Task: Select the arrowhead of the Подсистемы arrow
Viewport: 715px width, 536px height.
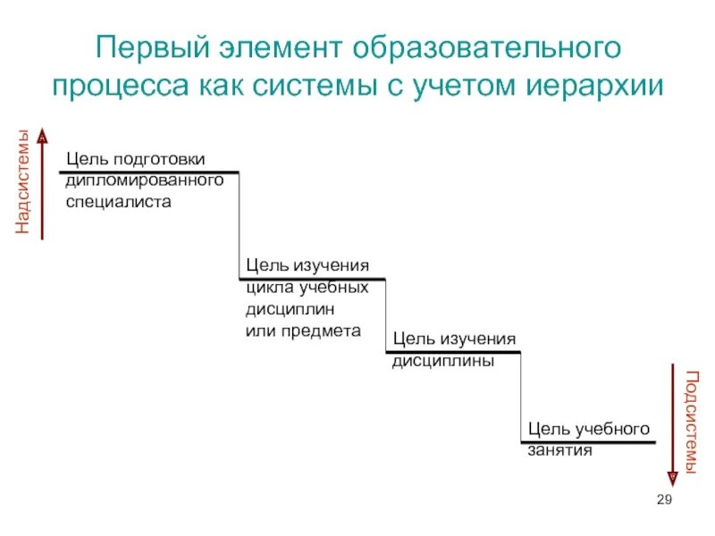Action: click(672, 477)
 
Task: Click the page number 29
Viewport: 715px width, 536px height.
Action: click(663, 499)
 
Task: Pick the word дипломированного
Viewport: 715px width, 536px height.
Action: click(144, 180)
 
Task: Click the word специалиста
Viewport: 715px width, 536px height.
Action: click(118, 202)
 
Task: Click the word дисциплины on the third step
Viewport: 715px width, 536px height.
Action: click(443, 363)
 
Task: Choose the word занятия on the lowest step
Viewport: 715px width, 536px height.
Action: click(560, 451)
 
